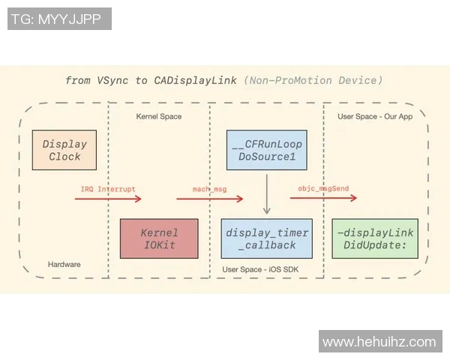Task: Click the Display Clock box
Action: coord(64,150)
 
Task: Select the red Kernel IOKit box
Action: coord(159,238)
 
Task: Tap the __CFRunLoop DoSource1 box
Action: coord(267,150)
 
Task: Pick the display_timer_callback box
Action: coord(267,238)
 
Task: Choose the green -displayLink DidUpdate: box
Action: coord(375,238)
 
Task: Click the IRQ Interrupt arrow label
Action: coord(108,188)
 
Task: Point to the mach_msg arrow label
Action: coord(209,189)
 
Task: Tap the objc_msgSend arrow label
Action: coord(322,188)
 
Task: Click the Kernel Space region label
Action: coord(158,116)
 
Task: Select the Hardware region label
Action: coord(64,264)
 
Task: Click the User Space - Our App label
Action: coord(375,116)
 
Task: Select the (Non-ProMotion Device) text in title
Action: coord(313,80)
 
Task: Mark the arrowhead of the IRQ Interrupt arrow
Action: coord(139,199)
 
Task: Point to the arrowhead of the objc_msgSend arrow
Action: coord(354,199)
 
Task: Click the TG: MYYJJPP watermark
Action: coord(59,19)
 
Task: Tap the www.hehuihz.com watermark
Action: coord(379,342)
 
